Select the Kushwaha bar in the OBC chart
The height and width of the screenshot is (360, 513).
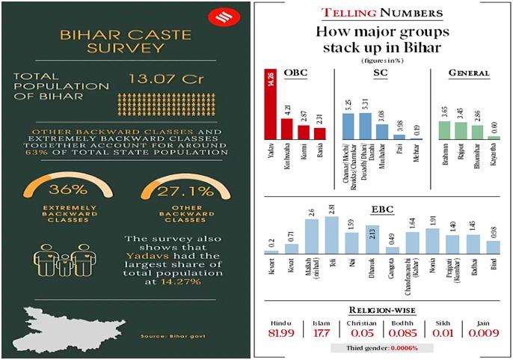286,129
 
